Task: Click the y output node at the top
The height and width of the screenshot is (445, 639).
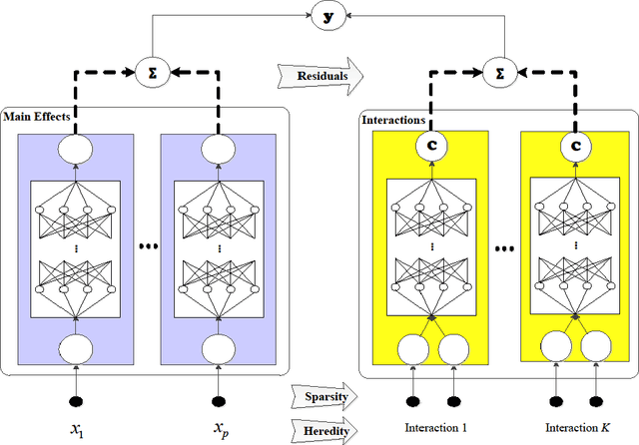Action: [323, 17]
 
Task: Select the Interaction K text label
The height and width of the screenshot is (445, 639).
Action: [577, 428]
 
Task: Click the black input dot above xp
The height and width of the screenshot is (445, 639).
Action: [219, 402]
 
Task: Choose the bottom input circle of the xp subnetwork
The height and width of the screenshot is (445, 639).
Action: [219, 348]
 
